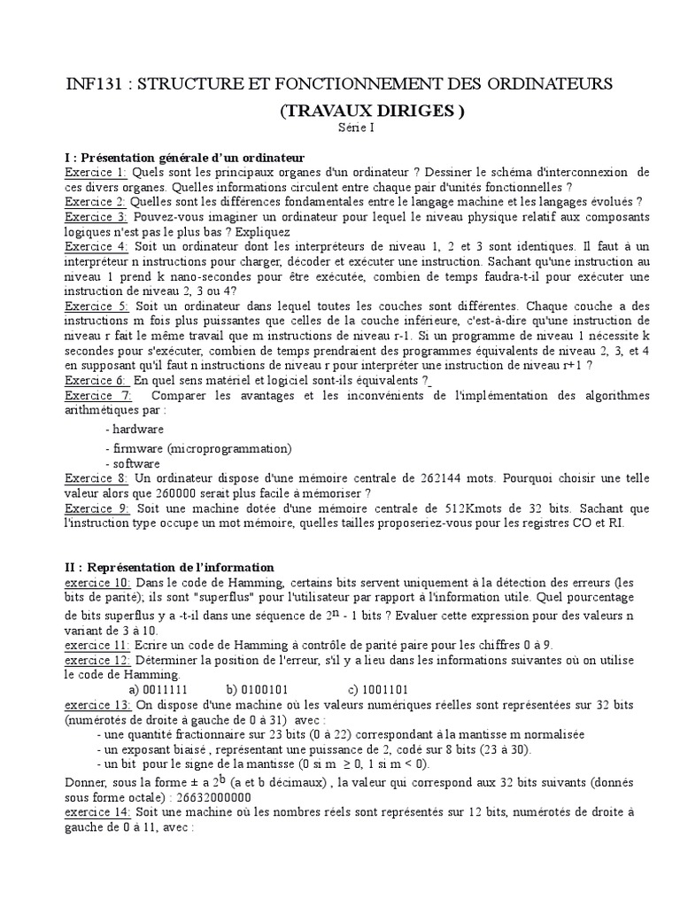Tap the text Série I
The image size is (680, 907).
click(357, 128)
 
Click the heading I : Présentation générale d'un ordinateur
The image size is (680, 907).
click(186, 156)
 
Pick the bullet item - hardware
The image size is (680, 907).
click(134, 429)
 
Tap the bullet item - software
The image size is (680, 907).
click(132, 463)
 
